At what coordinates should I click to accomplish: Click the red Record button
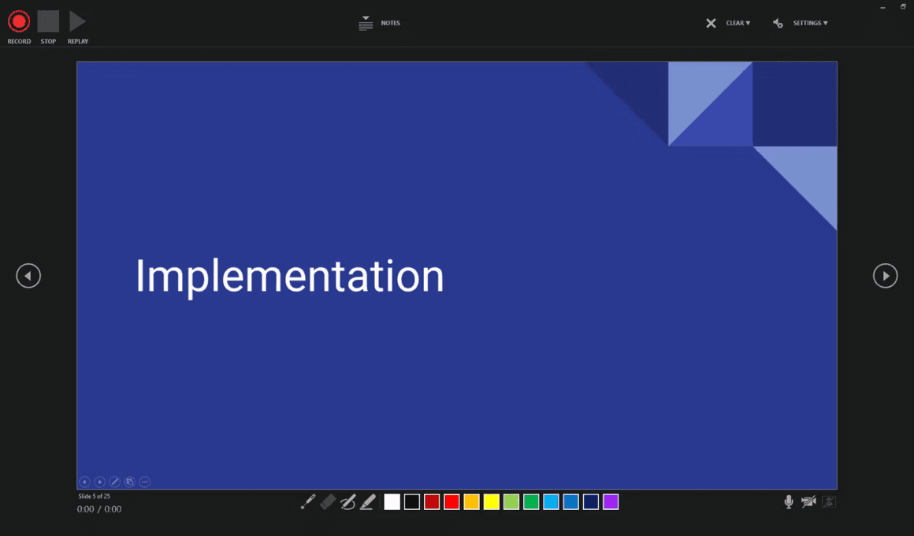point(19,21)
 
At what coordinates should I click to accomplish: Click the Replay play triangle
point(77,21)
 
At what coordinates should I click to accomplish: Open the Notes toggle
point(380,24)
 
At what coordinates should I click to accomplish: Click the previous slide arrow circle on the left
point(28,276)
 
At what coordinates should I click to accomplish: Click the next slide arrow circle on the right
point(885,276)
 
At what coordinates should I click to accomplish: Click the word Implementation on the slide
point(290,277)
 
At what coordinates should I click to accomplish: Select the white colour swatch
point(392,501)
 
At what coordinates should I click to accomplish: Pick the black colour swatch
point(412,501)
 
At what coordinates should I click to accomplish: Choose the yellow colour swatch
point(492,501)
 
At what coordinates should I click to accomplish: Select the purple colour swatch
point(611,501)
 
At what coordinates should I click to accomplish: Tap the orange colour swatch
point(471,501)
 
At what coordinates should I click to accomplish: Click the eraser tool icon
point(329,501)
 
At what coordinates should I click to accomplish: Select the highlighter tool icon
point(368,501)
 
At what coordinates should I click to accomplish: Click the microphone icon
point(789,501)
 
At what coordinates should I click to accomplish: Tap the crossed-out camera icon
point(808,501)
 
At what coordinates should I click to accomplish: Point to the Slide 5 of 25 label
point(94,497)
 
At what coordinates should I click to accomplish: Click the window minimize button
point(882,8)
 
